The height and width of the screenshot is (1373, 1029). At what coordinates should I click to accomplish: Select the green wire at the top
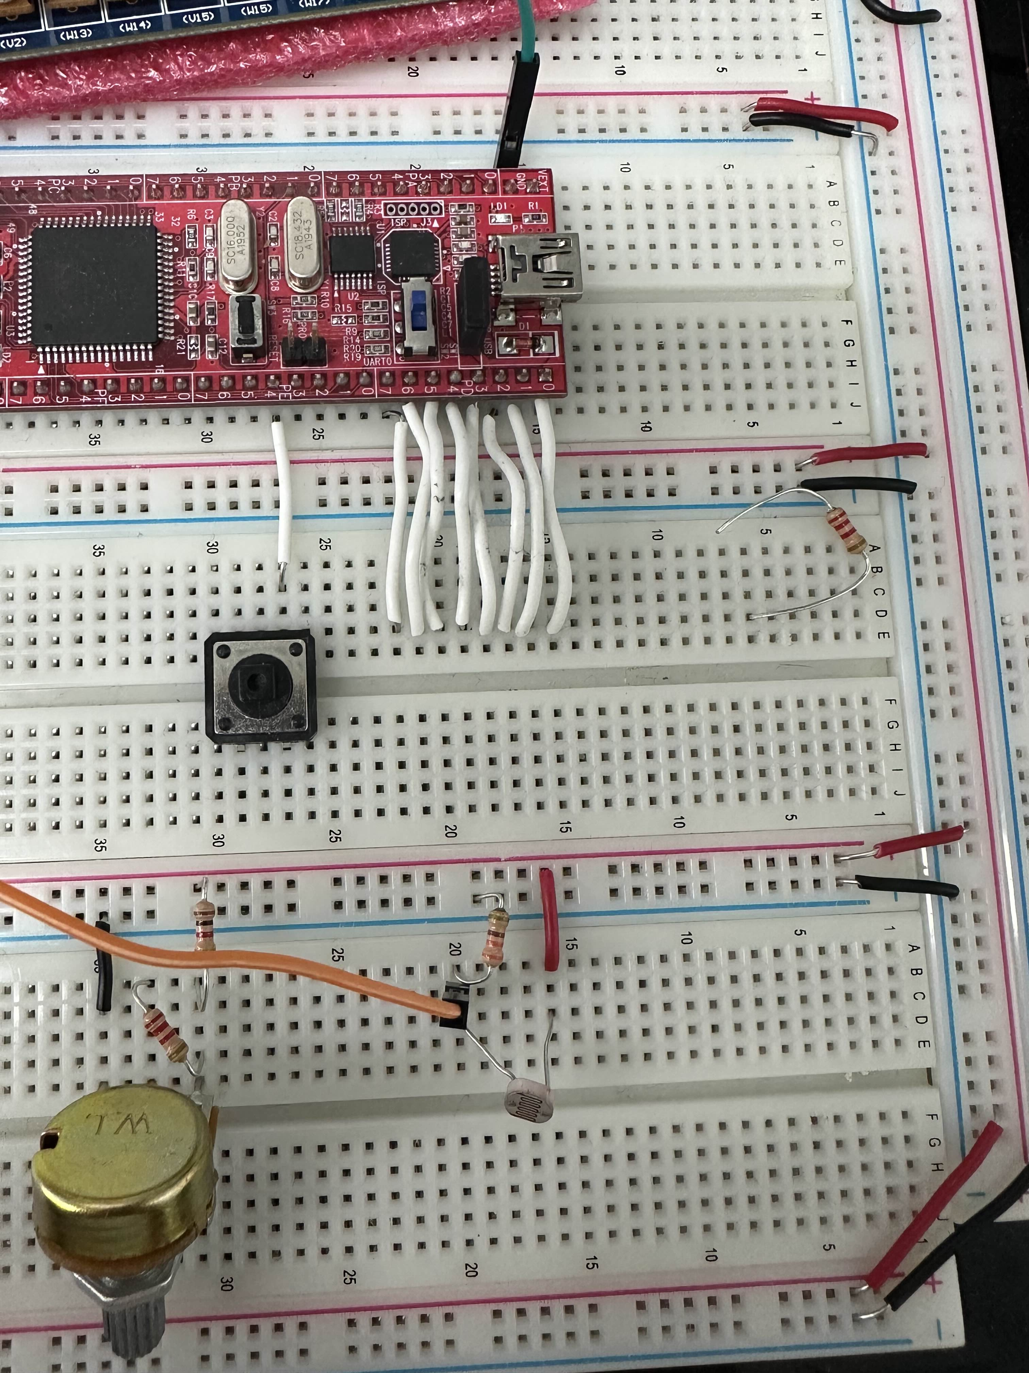pyautogui.click(x=527, y=31)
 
